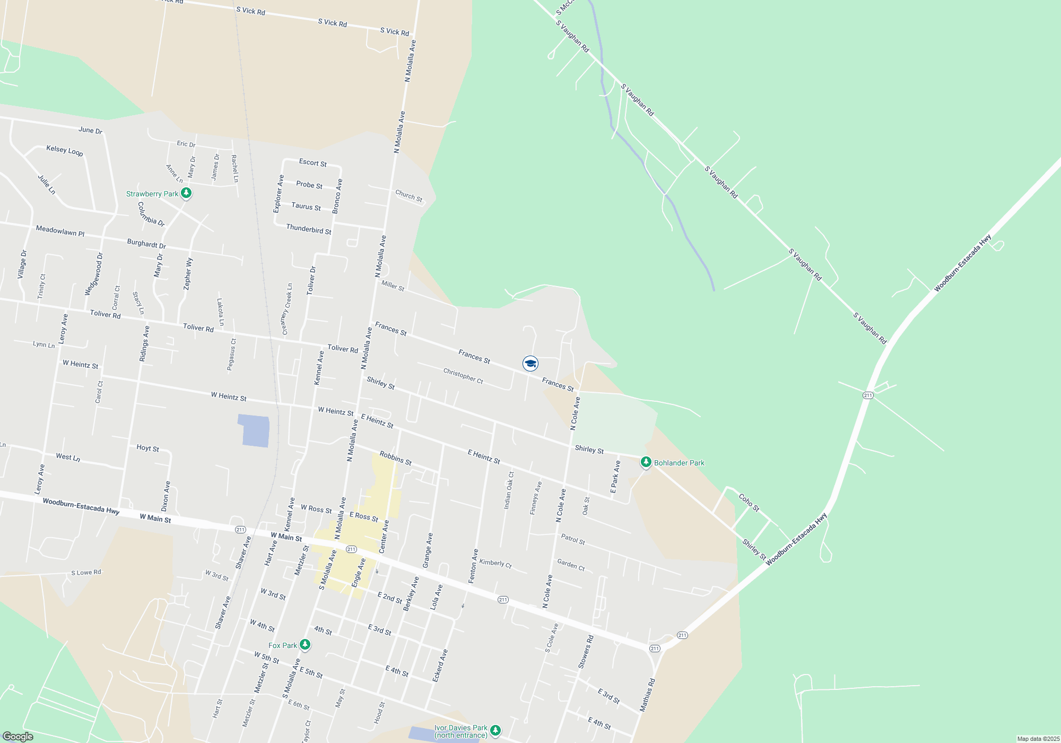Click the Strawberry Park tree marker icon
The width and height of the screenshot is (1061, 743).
[x=186, y=193]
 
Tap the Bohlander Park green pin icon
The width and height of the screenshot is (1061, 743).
[x=646, y=462]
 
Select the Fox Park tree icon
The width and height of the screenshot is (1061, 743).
[x=305, y=645]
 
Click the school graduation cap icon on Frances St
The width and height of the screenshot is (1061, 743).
[x=530, y=364]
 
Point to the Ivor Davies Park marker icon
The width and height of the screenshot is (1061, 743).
[x=495, y=731]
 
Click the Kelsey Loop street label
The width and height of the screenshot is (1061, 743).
[x=65, y=151]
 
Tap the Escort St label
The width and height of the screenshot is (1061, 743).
[x=313, y=163]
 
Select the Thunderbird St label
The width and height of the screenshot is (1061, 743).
[x=309, y=229]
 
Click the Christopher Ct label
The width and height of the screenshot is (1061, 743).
[x=463, y=376]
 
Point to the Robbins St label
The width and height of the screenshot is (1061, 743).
[x=396, y=459]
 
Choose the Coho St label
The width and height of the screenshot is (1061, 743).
[x=749, y=503]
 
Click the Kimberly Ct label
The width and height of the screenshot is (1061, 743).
[x=495, y=563]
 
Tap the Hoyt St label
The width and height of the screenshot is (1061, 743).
[x=147, y=448]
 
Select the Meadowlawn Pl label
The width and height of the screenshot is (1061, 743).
[x=60, y=231]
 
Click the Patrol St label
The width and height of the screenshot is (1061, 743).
[x=573, y=540]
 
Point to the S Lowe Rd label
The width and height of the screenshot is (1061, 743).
[x=86, y=573]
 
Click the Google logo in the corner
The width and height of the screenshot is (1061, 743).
[x=18, y=737]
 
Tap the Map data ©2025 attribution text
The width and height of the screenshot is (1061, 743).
[x=1038, y=739]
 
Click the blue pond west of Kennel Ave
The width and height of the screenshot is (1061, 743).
[x=254, y=430]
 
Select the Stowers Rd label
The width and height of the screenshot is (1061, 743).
[x=586, y=652]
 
